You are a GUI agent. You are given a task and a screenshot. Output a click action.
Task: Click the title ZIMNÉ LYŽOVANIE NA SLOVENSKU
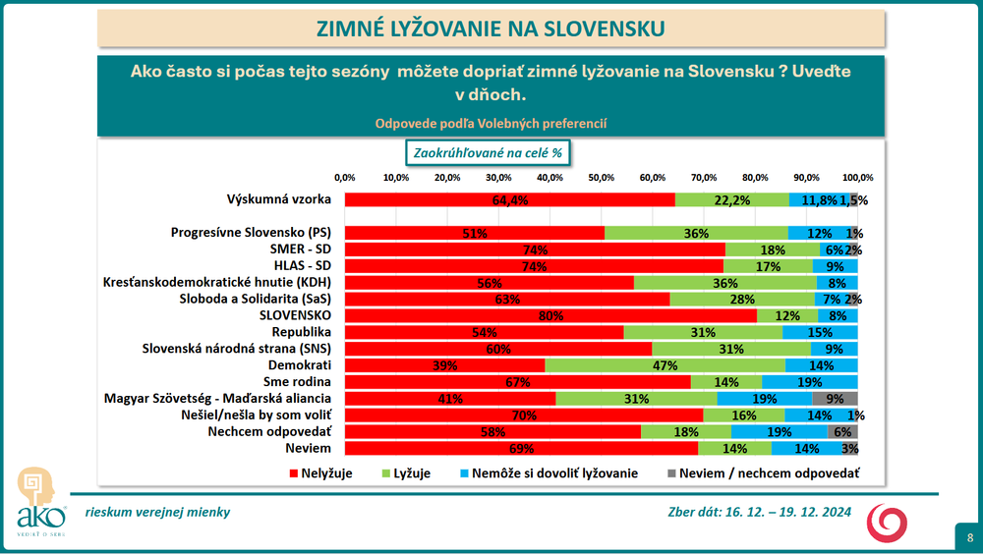(x=490, y=28)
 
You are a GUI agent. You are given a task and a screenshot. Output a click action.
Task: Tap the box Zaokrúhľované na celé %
(x=490, y=153)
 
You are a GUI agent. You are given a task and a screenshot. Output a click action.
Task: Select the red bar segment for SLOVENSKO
(x=550, y=316)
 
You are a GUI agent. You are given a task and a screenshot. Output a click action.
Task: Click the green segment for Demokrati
(x=665, y=365)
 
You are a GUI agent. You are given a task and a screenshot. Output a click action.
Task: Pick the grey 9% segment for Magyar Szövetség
(x=835, y=400)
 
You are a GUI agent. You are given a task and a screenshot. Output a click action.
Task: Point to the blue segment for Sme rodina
(x=809, y=382)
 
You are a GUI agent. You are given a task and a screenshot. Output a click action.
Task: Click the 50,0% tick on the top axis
(x=601, y=178)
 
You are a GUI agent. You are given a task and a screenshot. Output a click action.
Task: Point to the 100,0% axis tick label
(x=857, y=178)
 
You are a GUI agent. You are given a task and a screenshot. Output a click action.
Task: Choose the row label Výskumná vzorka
(x=278, y=199)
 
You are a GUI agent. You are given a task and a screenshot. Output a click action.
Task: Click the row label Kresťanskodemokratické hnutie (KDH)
(x=217, y=282)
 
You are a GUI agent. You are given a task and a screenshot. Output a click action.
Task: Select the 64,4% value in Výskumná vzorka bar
(x=511, y=200)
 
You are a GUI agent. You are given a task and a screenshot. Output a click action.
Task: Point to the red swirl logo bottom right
(x=887, y=523)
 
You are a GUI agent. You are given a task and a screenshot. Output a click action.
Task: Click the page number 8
(x=969, y=537)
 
